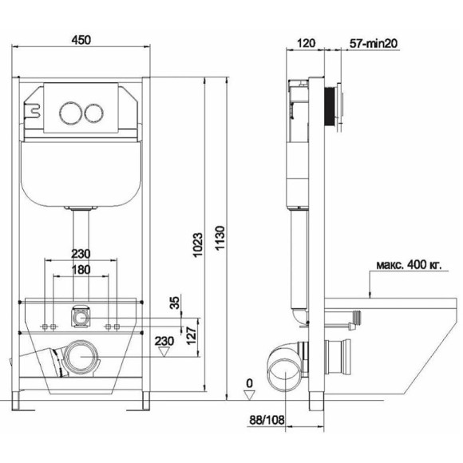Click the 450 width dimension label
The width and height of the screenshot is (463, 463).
point(81,40)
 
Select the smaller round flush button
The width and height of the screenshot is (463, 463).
point(94,113)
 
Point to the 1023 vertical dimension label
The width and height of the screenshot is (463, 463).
point(198,245)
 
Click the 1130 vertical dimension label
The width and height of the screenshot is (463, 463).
point(220,239)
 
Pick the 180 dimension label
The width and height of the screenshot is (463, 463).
point(81,270)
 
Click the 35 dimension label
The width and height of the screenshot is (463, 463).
point(176,303)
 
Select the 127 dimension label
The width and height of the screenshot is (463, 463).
point(192,335)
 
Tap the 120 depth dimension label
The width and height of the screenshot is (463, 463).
point(306,43)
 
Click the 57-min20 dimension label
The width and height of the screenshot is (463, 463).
point(374,44)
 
